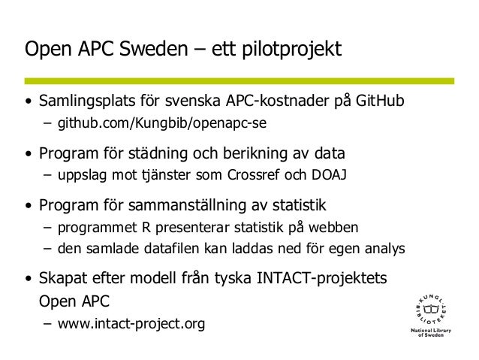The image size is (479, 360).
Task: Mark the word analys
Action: [x=386, y=247]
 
